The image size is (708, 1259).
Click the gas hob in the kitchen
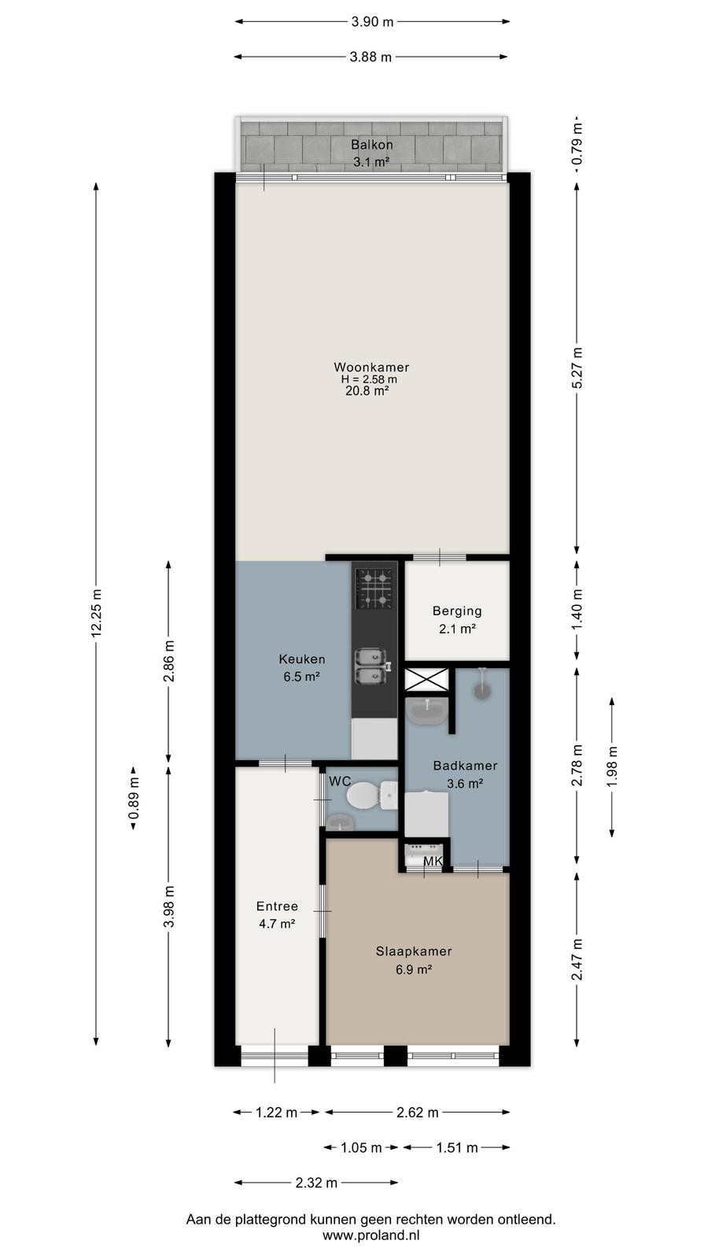pos(374,589)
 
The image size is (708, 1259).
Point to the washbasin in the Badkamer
pos(426,711)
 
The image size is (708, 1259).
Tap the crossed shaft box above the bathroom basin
pos(426,679)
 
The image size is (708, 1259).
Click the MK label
pos(433,861)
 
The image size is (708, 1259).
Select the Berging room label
pos(457,611)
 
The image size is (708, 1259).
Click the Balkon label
pos(371,145)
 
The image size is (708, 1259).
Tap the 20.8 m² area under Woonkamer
pos(367,390)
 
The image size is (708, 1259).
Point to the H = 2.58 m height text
pos(369,379)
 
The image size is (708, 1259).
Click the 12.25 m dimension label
pos(96,613)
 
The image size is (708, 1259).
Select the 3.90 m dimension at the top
pos(373,22)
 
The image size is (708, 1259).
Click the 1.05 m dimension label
pos(361,1148)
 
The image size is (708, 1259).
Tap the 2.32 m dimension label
pos(316,1183)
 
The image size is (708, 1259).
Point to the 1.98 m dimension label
pos(612,766)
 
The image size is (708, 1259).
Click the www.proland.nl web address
pos(371,1235)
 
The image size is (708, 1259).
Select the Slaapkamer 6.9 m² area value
pos(414,969)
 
